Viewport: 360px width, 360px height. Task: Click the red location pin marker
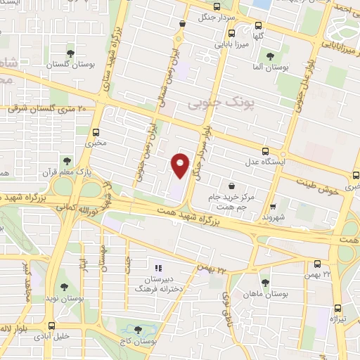point(181,166)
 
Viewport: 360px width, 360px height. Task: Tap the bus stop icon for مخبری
point(96,131)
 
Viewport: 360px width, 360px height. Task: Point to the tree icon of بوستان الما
point(270,56)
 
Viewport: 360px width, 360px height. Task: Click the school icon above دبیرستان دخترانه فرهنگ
point(158,268)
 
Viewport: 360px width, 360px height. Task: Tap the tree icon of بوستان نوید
point(65,287)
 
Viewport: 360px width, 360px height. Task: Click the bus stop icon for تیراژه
point(337,307)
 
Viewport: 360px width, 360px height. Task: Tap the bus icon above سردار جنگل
point(183,23)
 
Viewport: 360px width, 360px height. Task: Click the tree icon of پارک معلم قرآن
point(67,161)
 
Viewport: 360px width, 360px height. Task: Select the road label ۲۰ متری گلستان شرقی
point(46,110)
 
